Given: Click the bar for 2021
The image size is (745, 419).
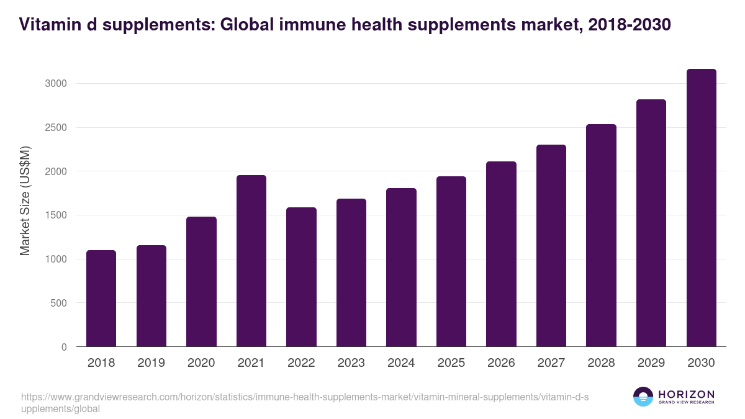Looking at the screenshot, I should click(x=251, y=261).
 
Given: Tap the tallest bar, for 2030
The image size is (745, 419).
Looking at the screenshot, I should click(x=701, y=208).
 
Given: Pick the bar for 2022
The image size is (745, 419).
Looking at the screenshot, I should click(x=301, y=277).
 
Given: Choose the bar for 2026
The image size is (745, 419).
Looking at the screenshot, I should click(x=501, y=254).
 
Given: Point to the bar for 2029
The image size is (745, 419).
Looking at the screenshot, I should click(x=651, y=223).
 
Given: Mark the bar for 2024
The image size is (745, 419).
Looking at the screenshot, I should click(x=401, y=267).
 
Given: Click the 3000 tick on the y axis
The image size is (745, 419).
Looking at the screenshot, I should click(x=56, y=84).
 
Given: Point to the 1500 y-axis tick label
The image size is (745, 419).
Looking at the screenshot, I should click(x=56, y=215).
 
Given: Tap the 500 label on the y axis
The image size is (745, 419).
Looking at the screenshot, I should click(x=58, y=304).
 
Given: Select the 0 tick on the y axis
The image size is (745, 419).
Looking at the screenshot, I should click(x=63, y=348).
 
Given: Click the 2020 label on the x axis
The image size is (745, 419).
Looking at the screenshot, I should click(x=201, y=363).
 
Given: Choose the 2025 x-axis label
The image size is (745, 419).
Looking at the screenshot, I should click(x=451, y=363).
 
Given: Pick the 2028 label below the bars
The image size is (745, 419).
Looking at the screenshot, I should click(x=601, y=363).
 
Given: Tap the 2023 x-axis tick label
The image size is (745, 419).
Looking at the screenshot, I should click(x=351, y=363).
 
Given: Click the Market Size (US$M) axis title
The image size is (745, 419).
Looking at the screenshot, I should click(x=25, y=201).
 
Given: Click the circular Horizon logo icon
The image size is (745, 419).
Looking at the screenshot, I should click(x=643, y=397).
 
